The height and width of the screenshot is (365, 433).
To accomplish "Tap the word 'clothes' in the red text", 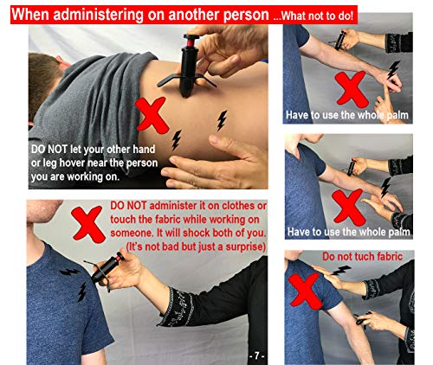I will click(x=250, y=206).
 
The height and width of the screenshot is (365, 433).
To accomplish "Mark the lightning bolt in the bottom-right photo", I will click(x=341, y=272).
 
